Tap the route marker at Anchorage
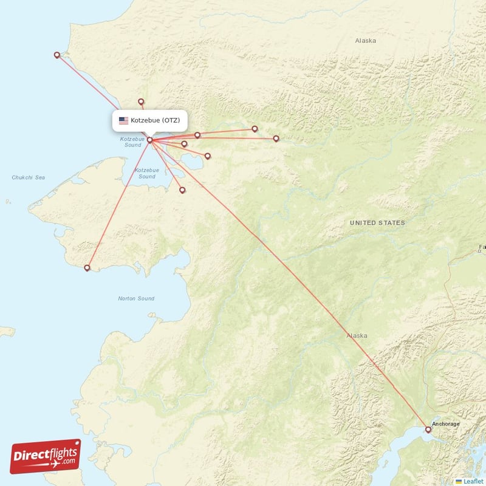(428, 430)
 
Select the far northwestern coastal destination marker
(57, 55)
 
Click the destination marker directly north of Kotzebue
(141, 101)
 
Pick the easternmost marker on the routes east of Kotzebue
(276, 139)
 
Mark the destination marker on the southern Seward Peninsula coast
(87, 267)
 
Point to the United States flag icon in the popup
(123, 120)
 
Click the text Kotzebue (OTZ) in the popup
(155, 120)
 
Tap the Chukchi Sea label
(28, 177)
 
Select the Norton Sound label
(137, 298)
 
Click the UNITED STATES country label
(377, 223)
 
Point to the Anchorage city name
(445, 423)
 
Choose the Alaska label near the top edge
(365, 41)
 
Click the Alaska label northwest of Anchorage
(357, 335)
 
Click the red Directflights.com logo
(46, 456)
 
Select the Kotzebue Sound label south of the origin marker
(146, 173)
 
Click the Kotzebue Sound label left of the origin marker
(132, 142)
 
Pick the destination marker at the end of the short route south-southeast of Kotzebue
(182, 190)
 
